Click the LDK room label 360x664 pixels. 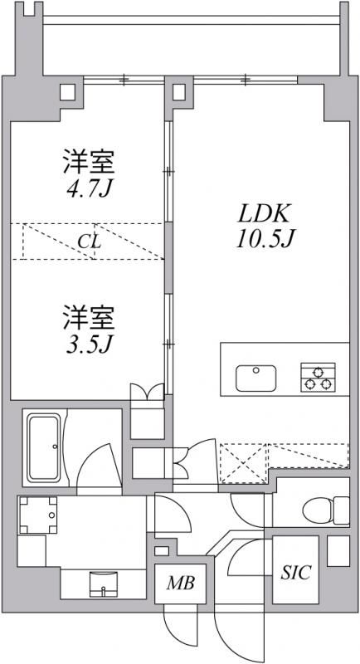(260, 212)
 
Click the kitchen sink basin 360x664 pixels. (256, 378)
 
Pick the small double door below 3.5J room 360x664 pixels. (148, 393)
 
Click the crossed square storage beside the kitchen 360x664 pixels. (242, 463)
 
